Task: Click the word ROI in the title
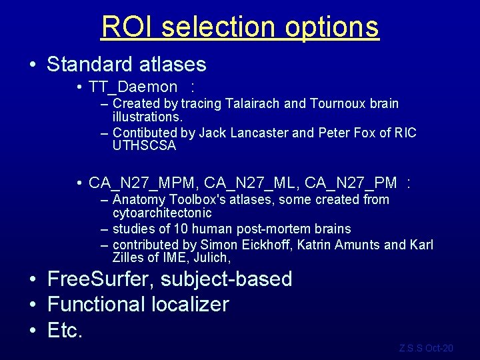pos(127,27)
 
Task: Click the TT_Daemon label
pos(133,87)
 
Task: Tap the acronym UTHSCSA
pos(144,145)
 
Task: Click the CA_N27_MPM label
pos(142,182)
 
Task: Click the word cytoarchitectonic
pos(162,213)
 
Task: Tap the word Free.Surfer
pos(101,279)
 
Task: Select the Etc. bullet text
pos(65,330)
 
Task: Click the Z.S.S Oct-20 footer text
pos(426,348)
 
